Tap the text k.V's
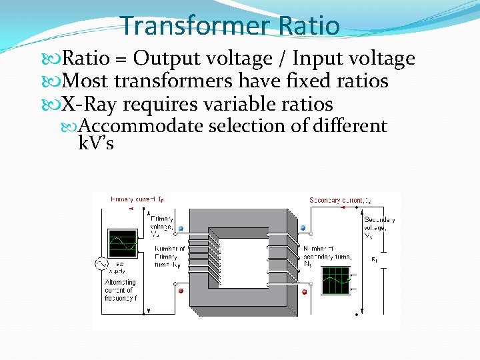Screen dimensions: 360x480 96,143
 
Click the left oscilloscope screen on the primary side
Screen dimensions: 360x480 123,243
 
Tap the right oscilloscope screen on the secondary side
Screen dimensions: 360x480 335,280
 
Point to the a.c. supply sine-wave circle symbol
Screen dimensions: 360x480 101,265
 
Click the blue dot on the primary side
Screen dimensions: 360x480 181,228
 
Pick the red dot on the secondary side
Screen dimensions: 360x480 305,291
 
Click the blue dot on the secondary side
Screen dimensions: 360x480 303,228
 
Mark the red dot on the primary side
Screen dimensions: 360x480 180,291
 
